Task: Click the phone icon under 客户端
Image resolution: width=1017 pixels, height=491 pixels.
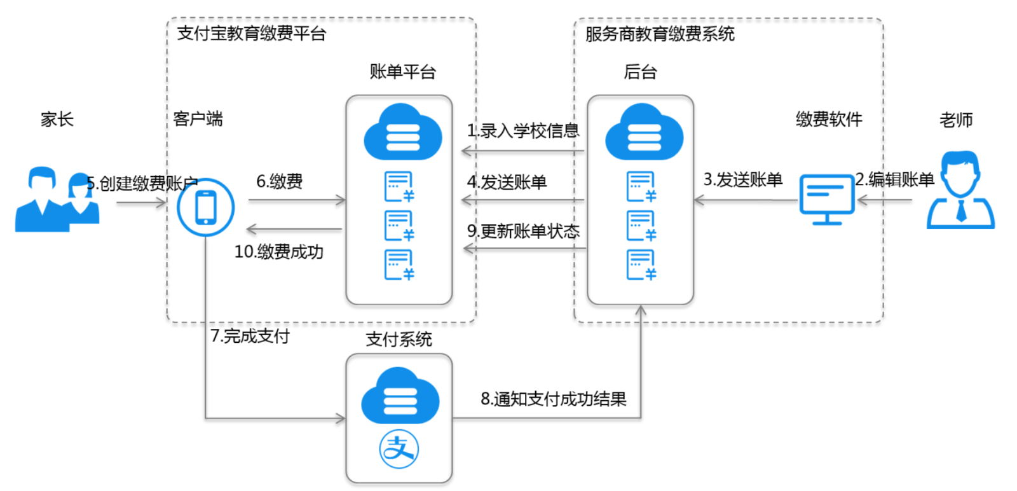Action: click(205, 208)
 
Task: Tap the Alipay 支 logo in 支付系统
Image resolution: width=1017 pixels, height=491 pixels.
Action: click(399, 449)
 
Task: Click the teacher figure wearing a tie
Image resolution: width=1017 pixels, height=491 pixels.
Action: click(960, 190)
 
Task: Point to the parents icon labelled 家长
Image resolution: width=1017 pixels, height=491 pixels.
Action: click(57, 199)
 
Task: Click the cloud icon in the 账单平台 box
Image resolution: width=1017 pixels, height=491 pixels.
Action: click(402, 132)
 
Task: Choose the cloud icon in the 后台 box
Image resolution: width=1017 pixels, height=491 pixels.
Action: click(644, 132)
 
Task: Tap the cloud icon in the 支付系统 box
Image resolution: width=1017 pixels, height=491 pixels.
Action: click(400, 396)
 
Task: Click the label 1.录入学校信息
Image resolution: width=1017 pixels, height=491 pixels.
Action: click(522, 131)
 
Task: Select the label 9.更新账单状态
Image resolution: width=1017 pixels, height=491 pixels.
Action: click(523, 231)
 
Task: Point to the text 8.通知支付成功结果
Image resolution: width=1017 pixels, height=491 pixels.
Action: click(553, 399)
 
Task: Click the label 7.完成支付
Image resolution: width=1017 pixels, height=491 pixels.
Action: click(250, 336)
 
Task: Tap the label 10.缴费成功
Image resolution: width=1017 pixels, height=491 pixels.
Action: click(278, 252)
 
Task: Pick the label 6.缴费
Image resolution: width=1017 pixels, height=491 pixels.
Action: click(279, 182)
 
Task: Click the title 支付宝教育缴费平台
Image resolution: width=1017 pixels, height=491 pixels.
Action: click(251, 34)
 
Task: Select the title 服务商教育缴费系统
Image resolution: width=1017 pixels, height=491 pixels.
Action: click(659, 34)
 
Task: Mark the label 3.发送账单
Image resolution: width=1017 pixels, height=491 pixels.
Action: click(742, 180)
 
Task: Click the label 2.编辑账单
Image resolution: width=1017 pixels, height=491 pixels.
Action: click(894, 180)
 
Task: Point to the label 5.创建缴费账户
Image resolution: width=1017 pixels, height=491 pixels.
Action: click(142, 184)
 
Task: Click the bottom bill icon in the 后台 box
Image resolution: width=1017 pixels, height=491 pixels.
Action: click(641, 265)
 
